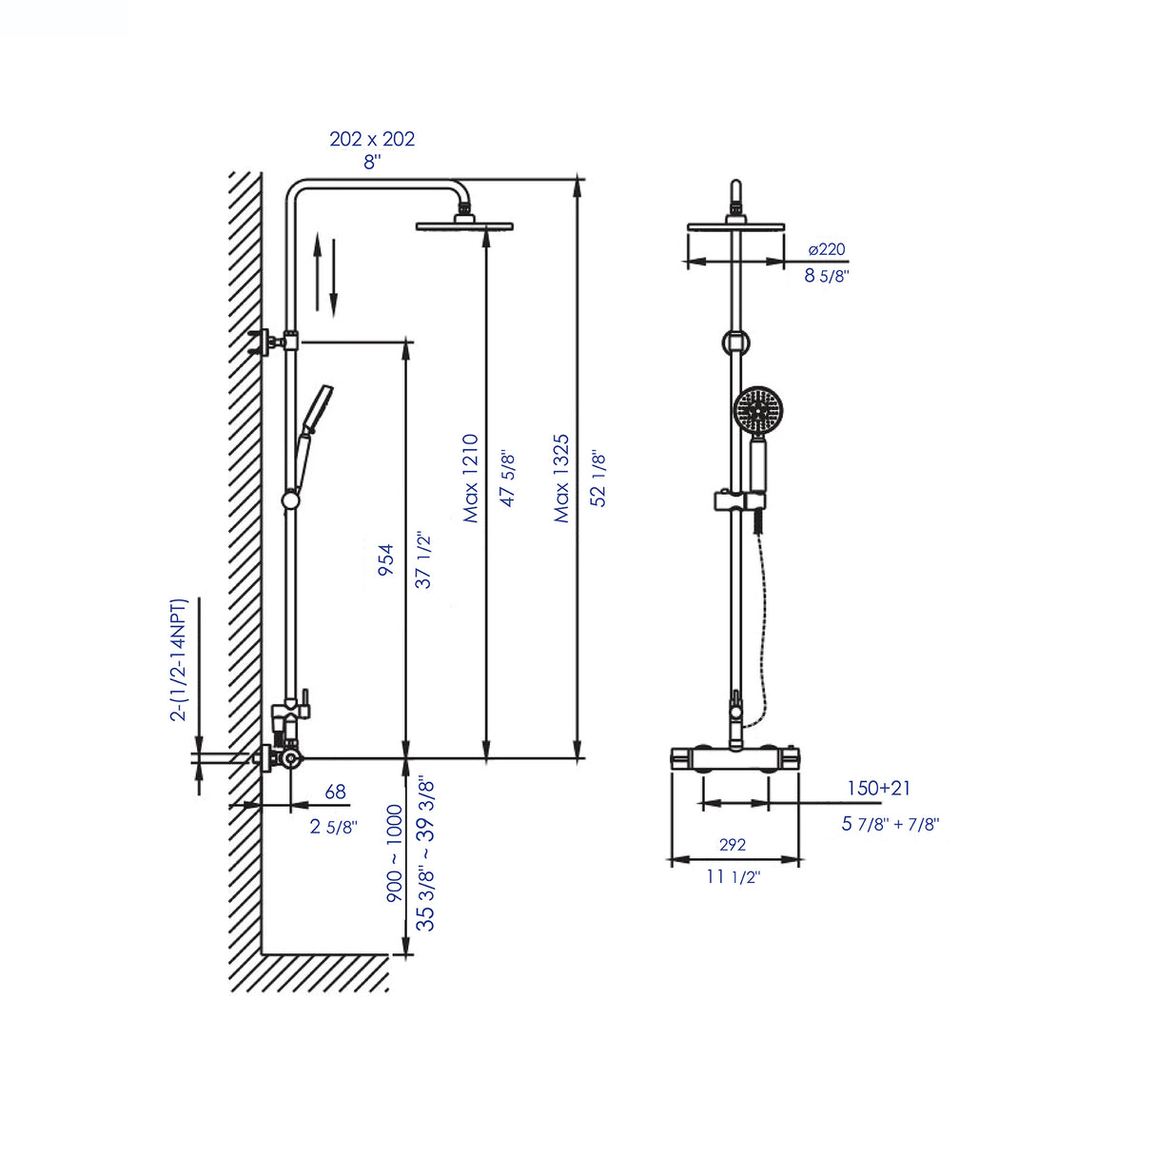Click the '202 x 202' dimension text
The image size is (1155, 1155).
(x=372, y=139)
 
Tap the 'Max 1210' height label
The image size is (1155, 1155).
(x=470, y=478)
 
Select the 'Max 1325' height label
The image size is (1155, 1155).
(x=561, y=478)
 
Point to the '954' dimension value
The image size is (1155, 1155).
(x=385, y=559)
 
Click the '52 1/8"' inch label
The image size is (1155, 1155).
(x=598, y=478)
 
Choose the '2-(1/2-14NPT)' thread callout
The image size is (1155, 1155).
(x=179, y=659)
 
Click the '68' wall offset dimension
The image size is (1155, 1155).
(x=335, y=792)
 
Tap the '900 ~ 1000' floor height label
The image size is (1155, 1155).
(x=394, y=853)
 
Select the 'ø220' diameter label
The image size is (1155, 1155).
(x=826, y=249)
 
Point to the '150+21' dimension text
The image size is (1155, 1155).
(x=878, y=788)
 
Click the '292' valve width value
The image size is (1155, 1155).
(x=732, y=845)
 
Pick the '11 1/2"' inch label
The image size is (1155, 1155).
(x=733, y=876)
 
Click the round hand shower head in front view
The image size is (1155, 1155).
(x=758, y=411)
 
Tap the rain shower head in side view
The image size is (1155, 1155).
(x=463, y=225)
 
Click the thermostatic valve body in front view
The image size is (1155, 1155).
(x=734, y=758)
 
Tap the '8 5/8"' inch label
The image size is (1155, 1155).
(x=826, y=276)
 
